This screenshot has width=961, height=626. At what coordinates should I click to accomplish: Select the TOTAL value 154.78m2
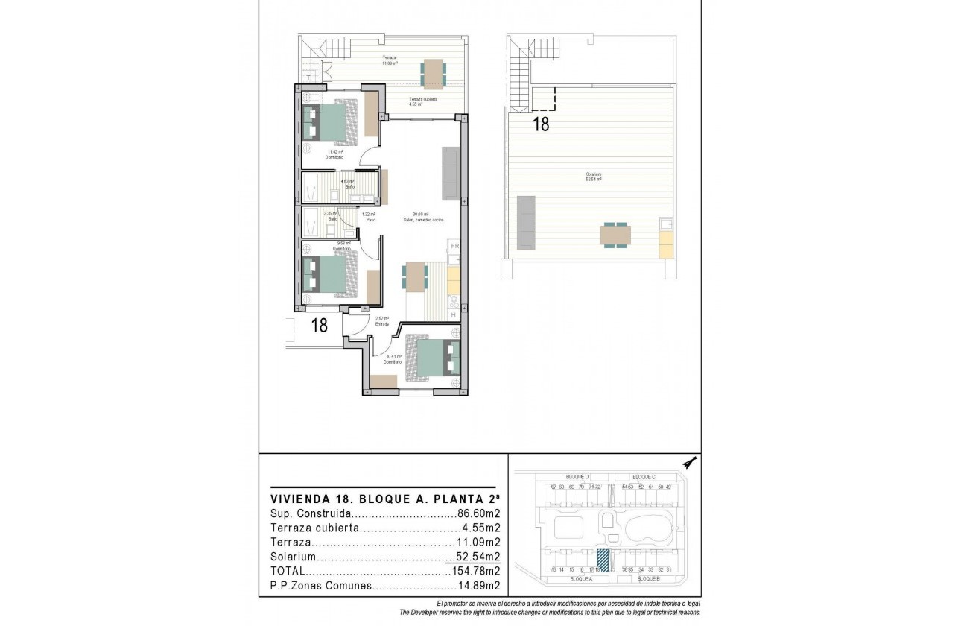click(x=475, y=571)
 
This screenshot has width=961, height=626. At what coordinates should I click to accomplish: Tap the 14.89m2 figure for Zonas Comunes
click(x=478, y=586)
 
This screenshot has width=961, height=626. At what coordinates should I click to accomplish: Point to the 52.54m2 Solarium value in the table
click(x=478, y=557)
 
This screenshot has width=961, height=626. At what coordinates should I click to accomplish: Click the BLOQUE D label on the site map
click(x=578, y=477)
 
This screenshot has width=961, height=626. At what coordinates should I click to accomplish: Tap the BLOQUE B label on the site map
click(x=649, y=579)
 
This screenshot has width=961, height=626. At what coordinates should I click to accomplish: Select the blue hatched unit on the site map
click(x=603, y=560)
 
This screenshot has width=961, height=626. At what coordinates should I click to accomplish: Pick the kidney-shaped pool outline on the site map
click(x=650, y=530)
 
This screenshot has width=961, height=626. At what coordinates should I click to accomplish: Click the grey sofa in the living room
click(x=451, y=173)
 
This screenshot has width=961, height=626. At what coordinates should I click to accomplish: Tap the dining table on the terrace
click(x=433, y=72)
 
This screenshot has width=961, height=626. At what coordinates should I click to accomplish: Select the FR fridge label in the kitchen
click(x=454, y=246)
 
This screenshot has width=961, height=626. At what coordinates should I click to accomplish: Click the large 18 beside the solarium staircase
click(x=542, y=124)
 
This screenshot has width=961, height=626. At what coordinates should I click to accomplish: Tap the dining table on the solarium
click(x=615, y=235)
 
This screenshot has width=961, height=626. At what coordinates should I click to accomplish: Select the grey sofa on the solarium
click(x=525, y=222)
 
